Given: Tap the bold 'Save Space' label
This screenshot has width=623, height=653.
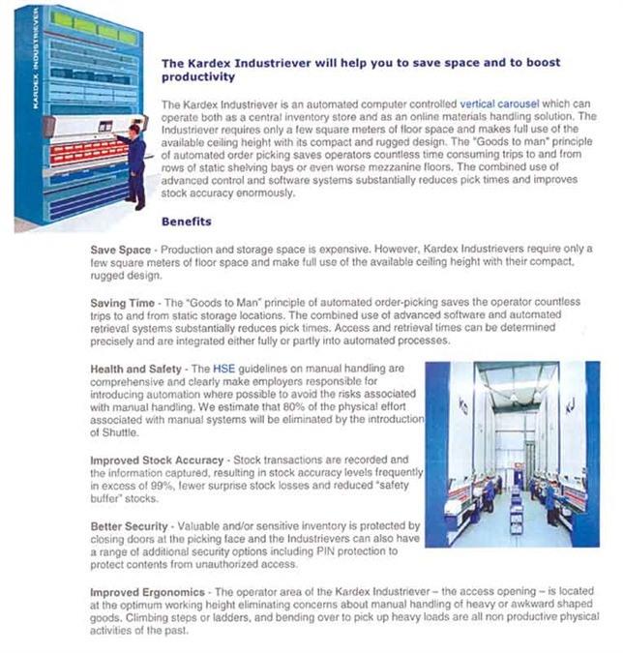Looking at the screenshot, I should tap(121, 251).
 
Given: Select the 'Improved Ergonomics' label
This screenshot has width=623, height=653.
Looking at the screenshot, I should tap(147, 590).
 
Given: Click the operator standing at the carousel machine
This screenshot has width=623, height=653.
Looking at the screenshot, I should tap(134, 164).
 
